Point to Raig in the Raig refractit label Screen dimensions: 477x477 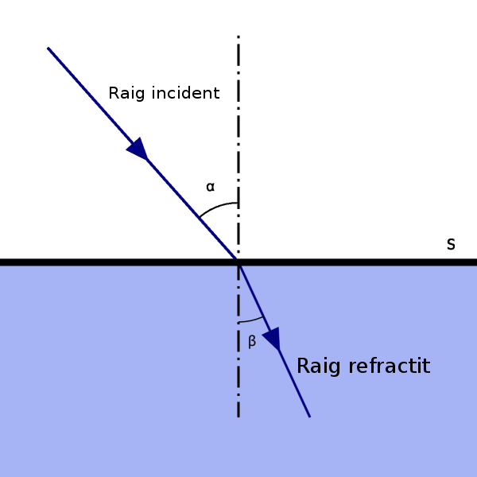coord(316,366)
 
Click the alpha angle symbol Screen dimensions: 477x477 coord(210,188)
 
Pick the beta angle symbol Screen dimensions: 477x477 coord(252,342)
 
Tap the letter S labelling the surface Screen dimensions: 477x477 coord(451,244)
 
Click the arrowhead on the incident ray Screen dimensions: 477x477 coord(138,149)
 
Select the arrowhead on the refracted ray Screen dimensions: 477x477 coord(273,339)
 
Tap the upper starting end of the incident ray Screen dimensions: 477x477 coord(48,48)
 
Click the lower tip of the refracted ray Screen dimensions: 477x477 coord(309,416)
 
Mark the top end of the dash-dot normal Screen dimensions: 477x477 coord(238,37)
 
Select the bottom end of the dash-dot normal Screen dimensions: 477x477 coord(238,416)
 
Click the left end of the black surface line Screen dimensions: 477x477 coord(2,262)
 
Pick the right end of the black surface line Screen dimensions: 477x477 coord(475,262)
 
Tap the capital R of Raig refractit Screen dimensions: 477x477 coord(303,366)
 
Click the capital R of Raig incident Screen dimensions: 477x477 coord(114,94)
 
